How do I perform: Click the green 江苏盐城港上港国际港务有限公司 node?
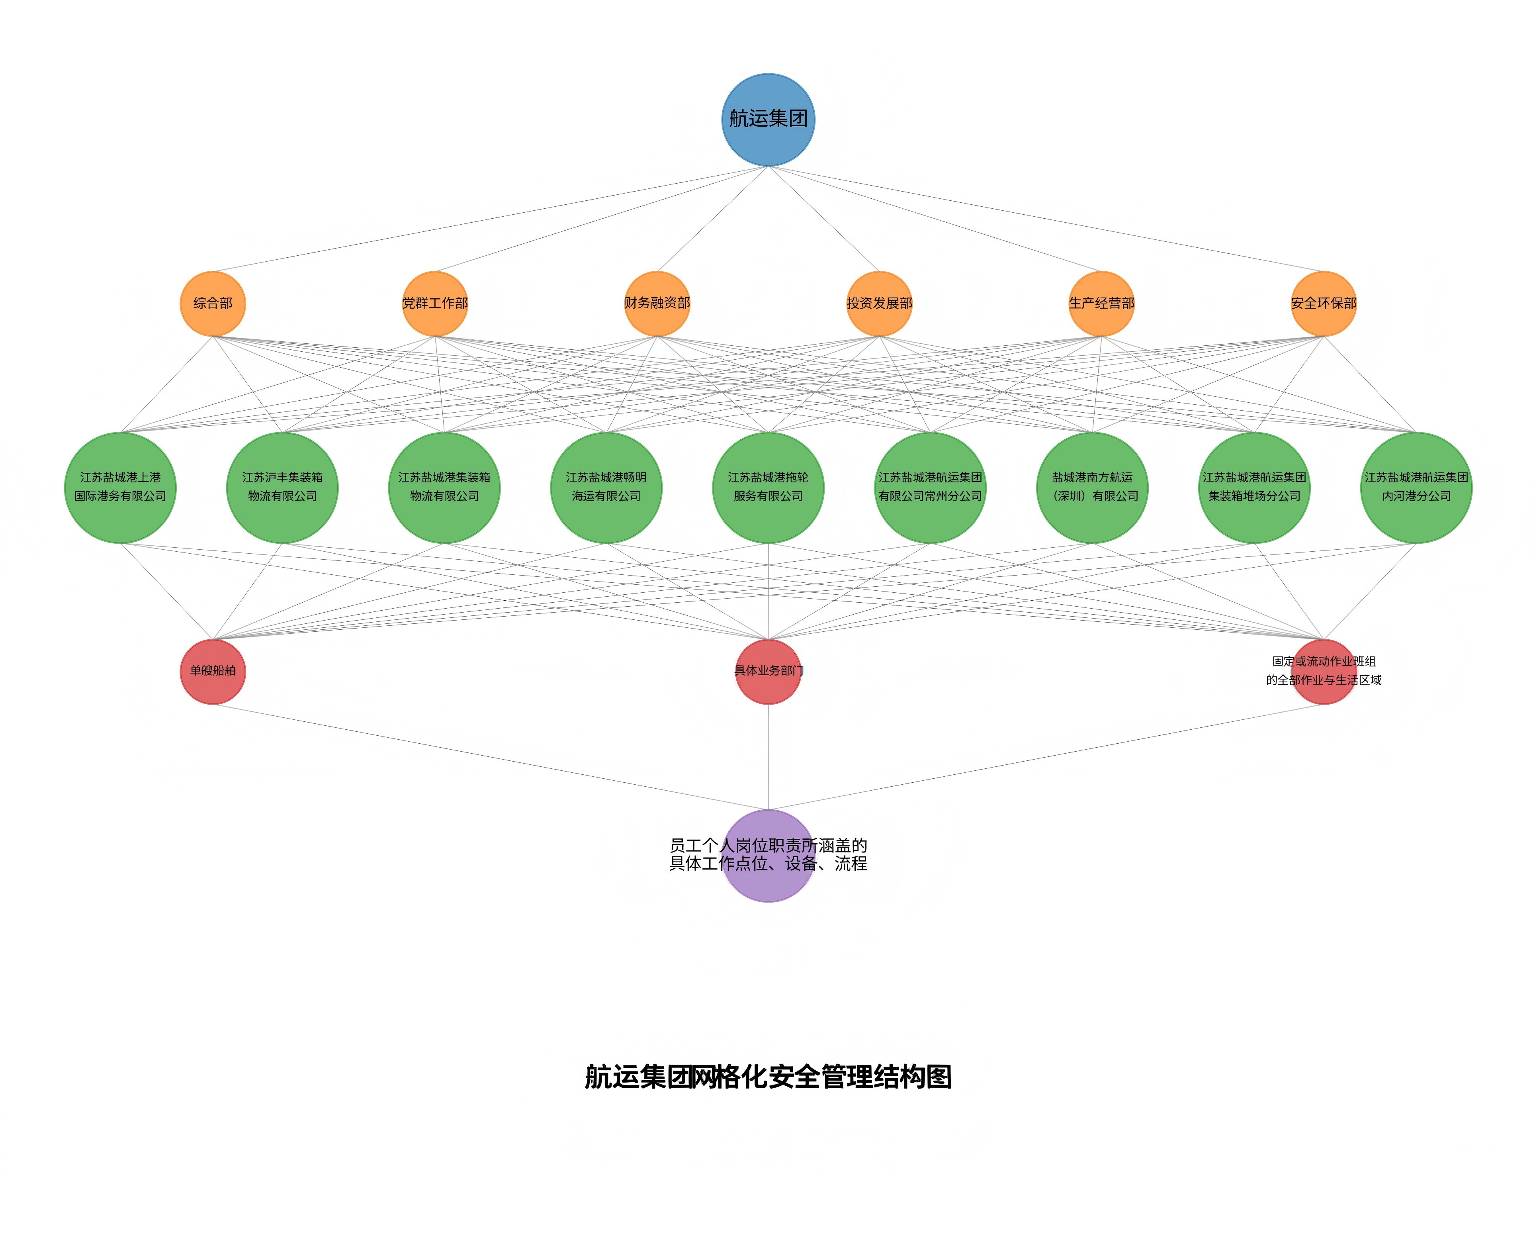[x=121, y=488]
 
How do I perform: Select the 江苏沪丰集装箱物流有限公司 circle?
[x=282, y=488]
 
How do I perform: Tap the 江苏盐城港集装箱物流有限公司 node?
[x=444, y=488]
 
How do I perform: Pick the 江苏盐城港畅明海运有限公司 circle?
[x=606, y=488]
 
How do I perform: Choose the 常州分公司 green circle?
[x=930, y=488]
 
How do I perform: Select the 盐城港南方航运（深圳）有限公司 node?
[x=1092, y=488]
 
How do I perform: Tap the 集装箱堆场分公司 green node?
[x=1254, y=488]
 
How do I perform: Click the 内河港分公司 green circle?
[x=1416, y=488]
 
